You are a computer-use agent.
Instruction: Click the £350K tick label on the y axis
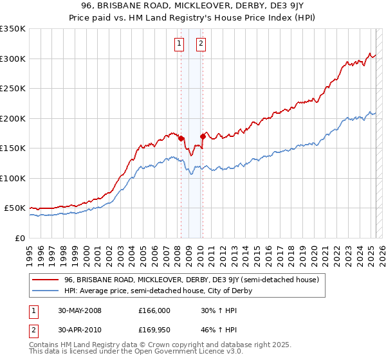pyautogui.click(x=13, y=29)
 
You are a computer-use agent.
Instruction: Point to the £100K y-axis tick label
pyautogui.click(x=13, y=178)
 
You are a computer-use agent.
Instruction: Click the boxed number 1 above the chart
pyautogui.click(x=178, y=44)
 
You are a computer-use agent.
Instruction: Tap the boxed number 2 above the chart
pyautogui.click(x=201, y=44)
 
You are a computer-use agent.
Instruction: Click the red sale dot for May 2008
pyautogui.click(x=181, y=138)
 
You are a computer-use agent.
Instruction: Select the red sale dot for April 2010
pyautogui.click(x=203, y=136)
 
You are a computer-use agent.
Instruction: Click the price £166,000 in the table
pyautogui.click(x=154, y=310)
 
